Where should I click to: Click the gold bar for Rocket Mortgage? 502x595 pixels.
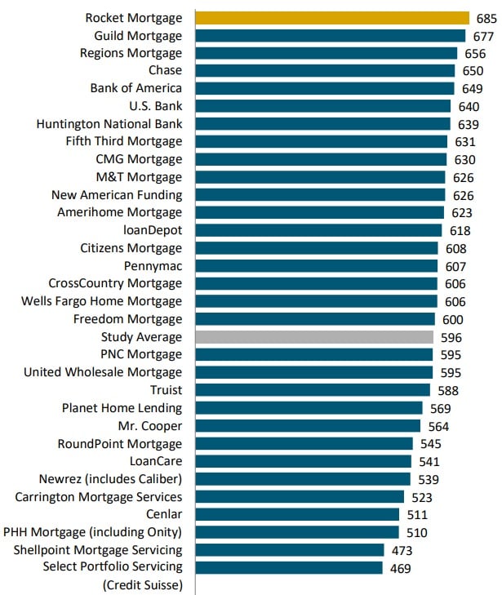[332, 17]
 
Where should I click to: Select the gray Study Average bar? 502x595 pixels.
[314, 337]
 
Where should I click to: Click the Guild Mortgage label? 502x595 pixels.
[138, 35]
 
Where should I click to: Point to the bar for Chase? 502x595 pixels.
[325, 71]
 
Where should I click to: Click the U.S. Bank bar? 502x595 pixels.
[322, 106]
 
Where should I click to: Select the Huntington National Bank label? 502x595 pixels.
[109, 124]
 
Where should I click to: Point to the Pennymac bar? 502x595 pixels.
[317, 266]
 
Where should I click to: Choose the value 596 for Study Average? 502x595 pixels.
[451, 337]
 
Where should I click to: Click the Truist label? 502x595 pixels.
[166, 390]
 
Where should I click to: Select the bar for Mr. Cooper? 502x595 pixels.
[308, 426]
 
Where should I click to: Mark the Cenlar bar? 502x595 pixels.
[297, 514]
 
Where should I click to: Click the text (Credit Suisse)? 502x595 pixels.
[142, 584]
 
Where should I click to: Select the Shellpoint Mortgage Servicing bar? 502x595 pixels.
[290, 550]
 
